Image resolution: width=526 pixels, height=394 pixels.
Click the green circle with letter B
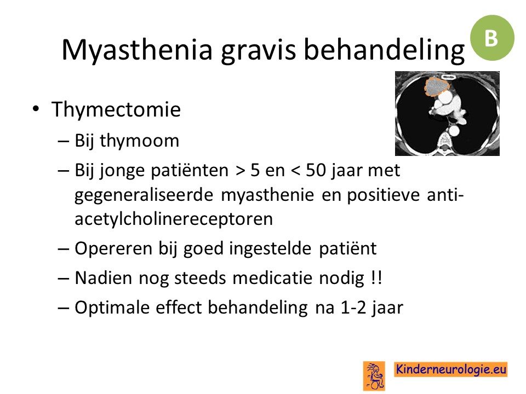click(492, 38)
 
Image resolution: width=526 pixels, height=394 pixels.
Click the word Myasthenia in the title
click(137, 50)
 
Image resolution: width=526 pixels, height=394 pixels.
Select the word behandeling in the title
click(384, 50)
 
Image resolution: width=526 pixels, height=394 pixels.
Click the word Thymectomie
click(116, 109)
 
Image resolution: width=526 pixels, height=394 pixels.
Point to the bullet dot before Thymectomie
click(36, 108)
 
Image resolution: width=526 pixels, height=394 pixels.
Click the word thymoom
click(140, 141)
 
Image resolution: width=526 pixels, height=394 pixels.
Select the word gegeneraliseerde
click(144, 195)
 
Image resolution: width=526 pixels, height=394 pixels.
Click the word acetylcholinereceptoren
click(174, 219)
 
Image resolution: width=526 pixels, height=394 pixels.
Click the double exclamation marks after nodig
click(377, 278)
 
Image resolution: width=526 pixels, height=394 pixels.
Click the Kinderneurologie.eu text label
click(450, 369)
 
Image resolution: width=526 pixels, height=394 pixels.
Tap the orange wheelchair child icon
click(374, 375)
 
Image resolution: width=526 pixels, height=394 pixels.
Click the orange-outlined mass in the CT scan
click(437, 86)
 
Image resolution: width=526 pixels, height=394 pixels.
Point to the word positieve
click(383, 195)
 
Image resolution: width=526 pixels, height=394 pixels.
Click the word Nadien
click(104, 278)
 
